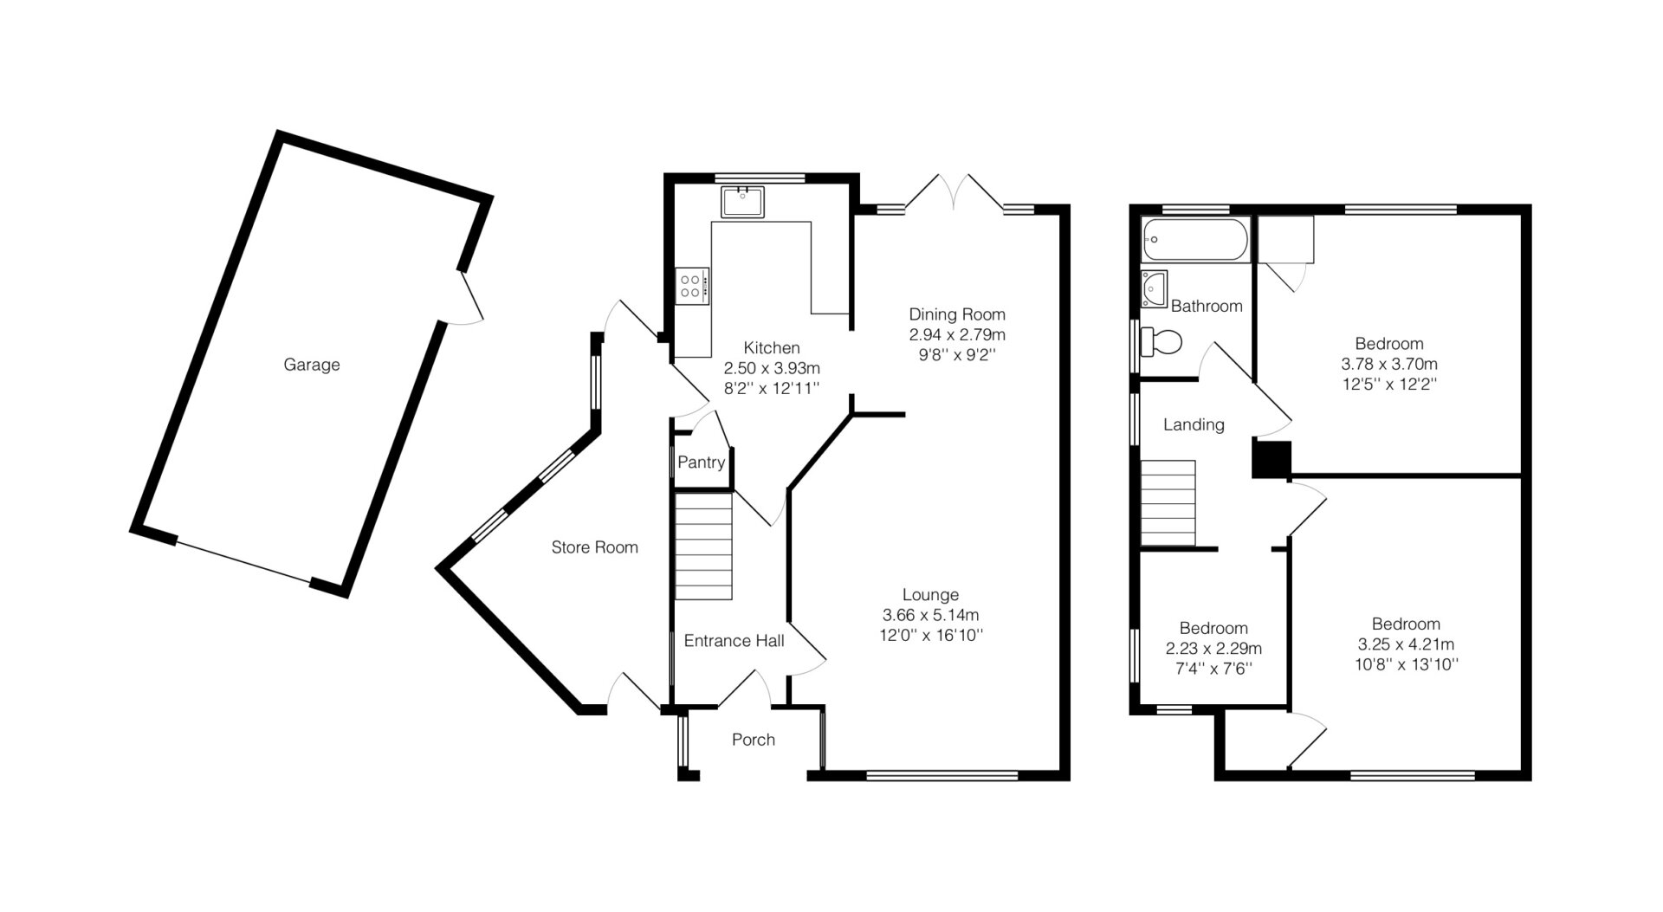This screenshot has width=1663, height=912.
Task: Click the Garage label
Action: tap(312, 365)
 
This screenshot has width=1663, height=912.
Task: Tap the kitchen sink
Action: tap(742, 202)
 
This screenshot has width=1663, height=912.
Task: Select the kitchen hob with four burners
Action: tap(693, 286)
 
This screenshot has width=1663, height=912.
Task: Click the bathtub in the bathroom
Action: tap(1195, 240)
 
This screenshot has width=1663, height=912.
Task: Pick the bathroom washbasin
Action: tap(1155, 288)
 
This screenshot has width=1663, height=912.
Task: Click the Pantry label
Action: tap(701, 462)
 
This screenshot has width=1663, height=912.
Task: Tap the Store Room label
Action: tap(594, 547)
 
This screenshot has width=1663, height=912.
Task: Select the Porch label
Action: tap(754, 740)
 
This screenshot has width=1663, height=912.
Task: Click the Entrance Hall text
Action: tap(734, 641)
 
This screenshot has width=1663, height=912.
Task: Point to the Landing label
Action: tap(1194, 424)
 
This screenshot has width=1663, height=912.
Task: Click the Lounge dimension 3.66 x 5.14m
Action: tap(931, 615)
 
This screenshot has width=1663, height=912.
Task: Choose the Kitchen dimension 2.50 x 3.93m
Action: tap(772, 368)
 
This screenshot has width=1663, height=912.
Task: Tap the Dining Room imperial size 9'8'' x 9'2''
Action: tap(957, 353)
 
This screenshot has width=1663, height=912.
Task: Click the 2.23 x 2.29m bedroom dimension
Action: tap(1213, 648)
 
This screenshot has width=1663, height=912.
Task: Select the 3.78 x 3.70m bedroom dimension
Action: tap(1389, 364)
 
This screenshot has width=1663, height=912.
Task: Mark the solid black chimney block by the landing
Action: tap(1272, 459)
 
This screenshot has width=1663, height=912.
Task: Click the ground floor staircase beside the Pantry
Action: tap(703, 546)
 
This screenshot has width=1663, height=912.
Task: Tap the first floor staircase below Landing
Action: tap(1168, 503)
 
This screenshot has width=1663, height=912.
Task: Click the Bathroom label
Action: tap(1207, 306)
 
